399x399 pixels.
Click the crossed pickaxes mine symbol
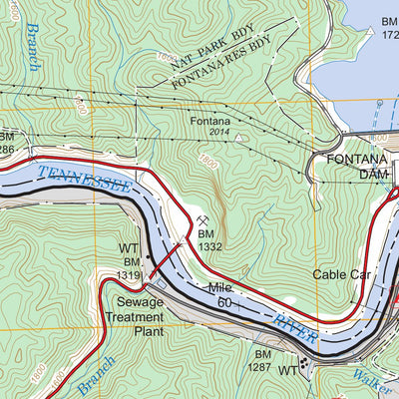[202, 219]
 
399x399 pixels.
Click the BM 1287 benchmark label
[262, 361]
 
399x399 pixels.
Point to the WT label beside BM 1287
[286, 371]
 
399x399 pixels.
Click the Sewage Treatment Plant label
[135, 316]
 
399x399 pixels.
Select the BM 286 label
[7, 141]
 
